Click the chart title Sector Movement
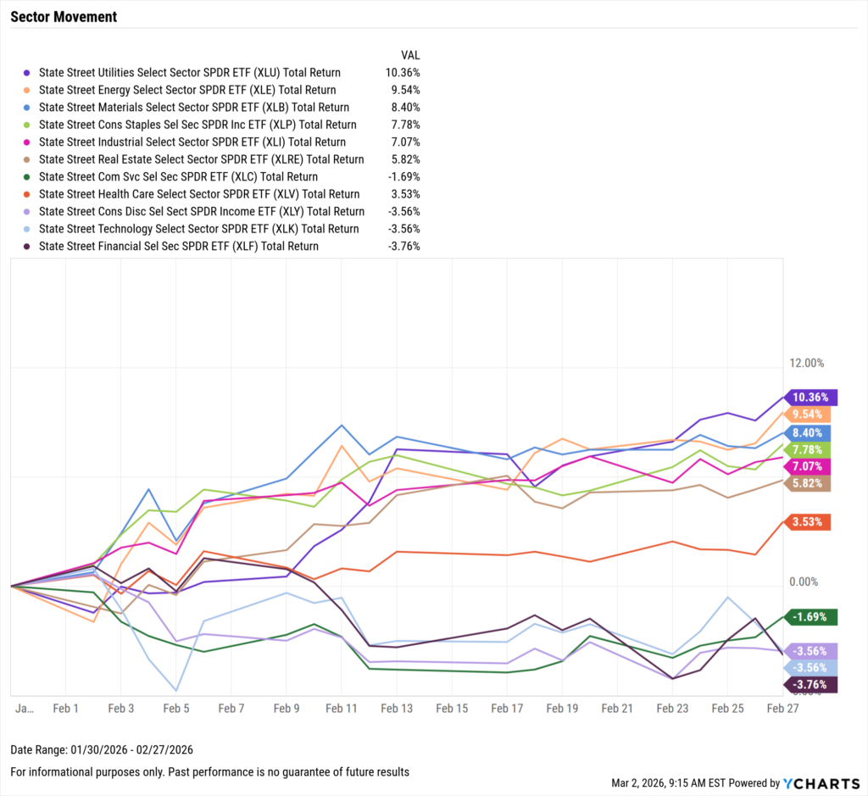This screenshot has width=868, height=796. coord(64,17)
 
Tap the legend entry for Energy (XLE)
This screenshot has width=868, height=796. coord(187,90)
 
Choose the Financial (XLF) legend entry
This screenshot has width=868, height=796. coord(179,246)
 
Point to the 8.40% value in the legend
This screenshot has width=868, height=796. coord(403,108)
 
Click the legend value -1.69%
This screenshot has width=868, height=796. coord(403,177)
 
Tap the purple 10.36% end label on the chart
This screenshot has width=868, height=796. coord(811,397)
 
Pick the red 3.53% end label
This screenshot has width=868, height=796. coord(806,521)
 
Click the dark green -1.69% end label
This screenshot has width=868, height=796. coord(811,617)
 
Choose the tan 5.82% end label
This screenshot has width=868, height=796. coord(806,483)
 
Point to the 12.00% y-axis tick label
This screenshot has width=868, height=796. coord(807,363)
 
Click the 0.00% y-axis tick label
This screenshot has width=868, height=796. coord(804,582)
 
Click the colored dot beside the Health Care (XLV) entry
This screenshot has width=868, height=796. coord(27,194)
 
